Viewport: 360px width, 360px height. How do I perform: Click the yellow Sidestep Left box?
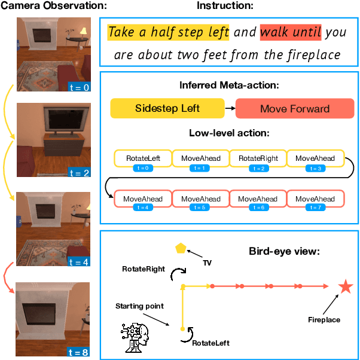[167, 109]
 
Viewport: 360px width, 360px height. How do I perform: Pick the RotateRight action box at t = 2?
[258, 158]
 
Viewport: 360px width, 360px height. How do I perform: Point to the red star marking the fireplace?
[345, 287]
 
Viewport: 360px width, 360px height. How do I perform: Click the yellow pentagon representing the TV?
[180, 248]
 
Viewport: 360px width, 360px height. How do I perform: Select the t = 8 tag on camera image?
[78, 352]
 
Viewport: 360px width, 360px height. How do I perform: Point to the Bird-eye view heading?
[284, 251]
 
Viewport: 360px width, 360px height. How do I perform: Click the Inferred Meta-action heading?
[229, 85]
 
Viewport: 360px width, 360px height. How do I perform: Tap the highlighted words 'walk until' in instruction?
[291, 32]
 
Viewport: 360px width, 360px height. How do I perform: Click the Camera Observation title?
[54, 6]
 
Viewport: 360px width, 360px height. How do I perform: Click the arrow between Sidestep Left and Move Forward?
[229, 109]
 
